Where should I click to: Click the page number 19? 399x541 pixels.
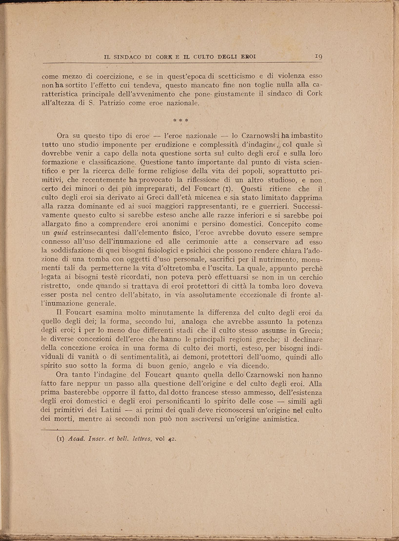(318, 56)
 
